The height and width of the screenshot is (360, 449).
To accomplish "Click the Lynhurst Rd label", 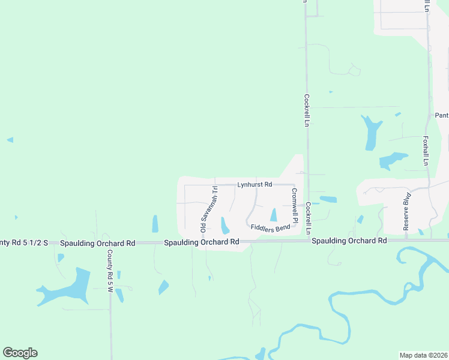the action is click(x=255, y=184).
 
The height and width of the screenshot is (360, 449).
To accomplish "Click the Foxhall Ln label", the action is click(x=425, y=150).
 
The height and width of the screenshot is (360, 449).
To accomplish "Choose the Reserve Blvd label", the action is click(x=406, y=212).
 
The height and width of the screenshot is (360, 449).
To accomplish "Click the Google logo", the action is click(x=20, y=353).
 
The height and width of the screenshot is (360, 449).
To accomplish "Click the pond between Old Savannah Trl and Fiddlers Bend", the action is click(x=224, y=226).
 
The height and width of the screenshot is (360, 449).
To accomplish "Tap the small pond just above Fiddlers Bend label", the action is click(x=274, y=215).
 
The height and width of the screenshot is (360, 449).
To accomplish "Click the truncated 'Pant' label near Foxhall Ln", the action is click(x=442, y=115).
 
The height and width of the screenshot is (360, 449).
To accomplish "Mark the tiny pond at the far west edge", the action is click(x=10, y=140).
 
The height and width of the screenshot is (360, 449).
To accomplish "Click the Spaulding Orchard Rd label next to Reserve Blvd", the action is click(x=348, y=241).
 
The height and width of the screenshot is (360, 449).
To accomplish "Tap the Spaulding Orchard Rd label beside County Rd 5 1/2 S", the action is click(x=97, y=243).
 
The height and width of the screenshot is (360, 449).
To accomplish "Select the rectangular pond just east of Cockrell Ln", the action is click(x=328, y=199).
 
